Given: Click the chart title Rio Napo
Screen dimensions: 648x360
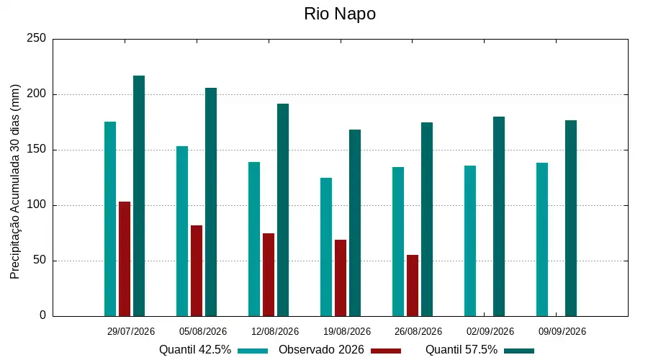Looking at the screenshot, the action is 340,14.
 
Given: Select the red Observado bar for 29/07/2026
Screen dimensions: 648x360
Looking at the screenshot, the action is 125,259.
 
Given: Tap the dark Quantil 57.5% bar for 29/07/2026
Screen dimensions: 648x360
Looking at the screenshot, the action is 139,196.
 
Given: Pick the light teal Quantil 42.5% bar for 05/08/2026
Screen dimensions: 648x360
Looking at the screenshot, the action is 182,231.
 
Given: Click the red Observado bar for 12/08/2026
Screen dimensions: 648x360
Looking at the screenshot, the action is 269,275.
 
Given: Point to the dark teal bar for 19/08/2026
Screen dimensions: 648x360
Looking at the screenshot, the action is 355,223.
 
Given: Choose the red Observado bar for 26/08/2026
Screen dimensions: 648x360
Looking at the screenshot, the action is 413,286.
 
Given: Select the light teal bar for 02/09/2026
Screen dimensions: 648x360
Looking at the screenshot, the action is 470,241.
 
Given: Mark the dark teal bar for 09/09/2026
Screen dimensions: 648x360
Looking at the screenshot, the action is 571,218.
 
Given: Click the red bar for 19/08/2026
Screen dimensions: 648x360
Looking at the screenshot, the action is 341,278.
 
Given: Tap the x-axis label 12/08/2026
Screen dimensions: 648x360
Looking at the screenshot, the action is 275,331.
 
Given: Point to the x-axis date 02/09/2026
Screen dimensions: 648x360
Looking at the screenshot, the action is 490,331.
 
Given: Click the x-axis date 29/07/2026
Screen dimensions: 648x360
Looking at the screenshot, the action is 130,331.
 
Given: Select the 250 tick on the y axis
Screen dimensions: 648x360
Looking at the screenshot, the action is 37,38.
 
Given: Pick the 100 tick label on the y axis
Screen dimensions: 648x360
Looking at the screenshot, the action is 37,205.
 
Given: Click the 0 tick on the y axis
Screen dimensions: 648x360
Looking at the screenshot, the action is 43,315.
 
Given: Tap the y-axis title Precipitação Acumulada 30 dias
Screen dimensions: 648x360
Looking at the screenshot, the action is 15,182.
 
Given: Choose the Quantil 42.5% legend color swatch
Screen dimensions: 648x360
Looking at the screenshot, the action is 253,351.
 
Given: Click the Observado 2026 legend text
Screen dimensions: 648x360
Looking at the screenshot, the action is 321,350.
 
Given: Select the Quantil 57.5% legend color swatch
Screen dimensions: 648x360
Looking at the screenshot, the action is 519,351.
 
